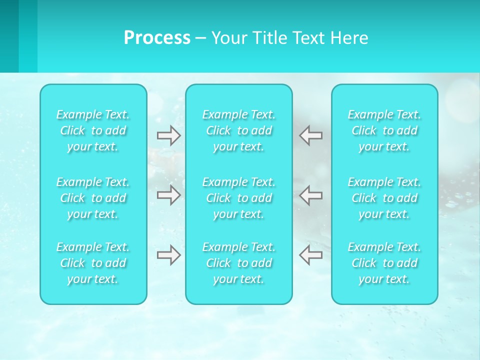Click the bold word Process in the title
pyautogui.click(x=157, y=38)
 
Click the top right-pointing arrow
pyautogui.click(x=169, y=135)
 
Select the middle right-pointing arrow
pyautogui.click(x=169, y=195)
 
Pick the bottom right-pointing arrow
pyautogui.click(x=169, y=255)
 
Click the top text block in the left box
pyautogui.click(x=93, y=130)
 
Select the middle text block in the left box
pyautogui.click(x=93, y=198)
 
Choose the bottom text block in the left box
pyautogui.click(x=93, y=263)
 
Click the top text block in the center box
pyautogui.click(x=239, y=130)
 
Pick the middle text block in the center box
pyautogui.click(x=239, y=198)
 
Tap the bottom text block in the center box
pyautogui.click(x=239, y=263)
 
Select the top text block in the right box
pyautogui.click(x=384, y=130)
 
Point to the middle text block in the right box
pyautogui.click(x=384, y=198)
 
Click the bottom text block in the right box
pyautogui.click(x=384, y=263)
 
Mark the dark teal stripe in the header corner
pyautogui.click(x=9, y=36)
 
